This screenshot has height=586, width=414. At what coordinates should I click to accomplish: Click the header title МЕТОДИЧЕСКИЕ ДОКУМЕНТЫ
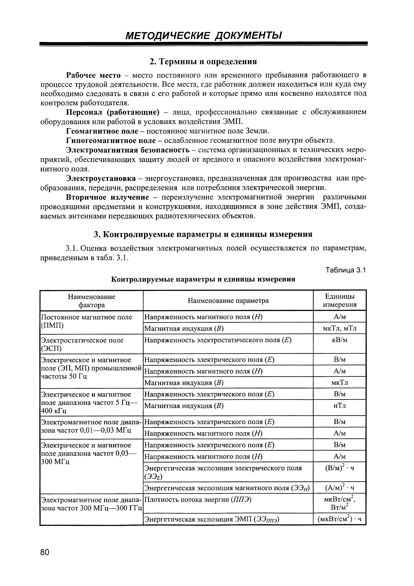coord(204,35)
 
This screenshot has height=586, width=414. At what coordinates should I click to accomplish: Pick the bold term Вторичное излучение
coord(107,197)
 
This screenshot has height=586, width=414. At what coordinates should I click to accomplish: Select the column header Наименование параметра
coord(228,301)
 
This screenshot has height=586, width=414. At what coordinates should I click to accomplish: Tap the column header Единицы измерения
coord(339,300)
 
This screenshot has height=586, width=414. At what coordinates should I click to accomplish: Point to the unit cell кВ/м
coord(339,340)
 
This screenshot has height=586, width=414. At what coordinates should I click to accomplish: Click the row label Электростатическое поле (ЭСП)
coord(82,344)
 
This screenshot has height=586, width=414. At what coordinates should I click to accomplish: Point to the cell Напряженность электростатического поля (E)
coord(218,340)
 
